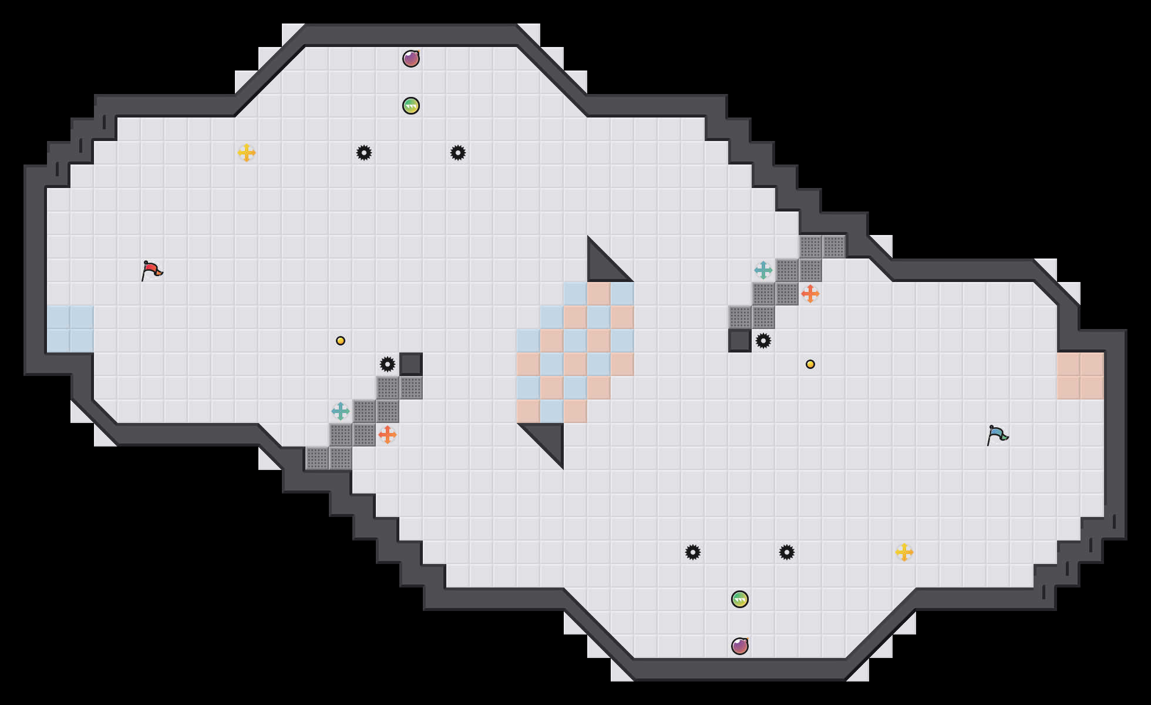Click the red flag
point(152,271)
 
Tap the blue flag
point(997,435)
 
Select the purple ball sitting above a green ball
point(411,59)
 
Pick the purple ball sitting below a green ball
point(740,646)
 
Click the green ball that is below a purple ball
point(411,106)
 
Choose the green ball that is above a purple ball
point(740,599)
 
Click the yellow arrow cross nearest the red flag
point(247,153)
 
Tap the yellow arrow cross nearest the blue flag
point(904,552)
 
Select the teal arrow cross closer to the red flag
point(341,411)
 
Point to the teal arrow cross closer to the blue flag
point(763,270)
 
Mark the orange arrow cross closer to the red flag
point(388,435)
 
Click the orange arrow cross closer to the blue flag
point(810,294)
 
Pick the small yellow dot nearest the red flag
point(341,341)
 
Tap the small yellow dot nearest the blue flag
point(810,364)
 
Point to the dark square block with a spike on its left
point(411,364)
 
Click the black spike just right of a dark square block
point(763,341)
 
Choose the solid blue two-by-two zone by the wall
point(70,329)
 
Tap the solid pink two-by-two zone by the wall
point(1081,376)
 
